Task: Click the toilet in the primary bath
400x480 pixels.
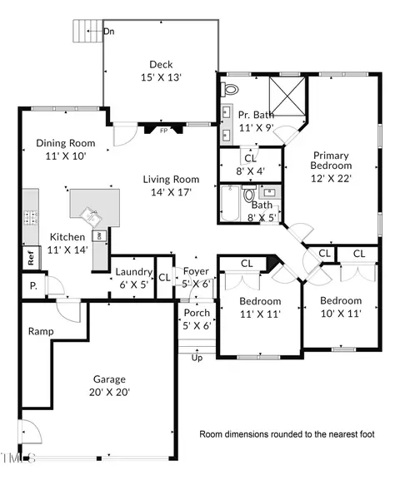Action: tap(230, 89)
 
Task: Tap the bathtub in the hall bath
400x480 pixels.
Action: tap(230, 203)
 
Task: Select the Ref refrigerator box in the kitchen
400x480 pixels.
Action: tap(32, 258)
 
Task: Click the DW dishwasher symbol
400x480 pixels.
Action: tap(99, 236)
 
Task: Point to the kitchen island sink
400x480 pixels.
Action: tap(91, 216)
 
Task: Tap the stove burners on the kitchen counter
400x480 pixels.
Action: tap(31, 218)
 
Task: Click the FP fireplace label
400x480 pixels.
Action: tap(164, 131)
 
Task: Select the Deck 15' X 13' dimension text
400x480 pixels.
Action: tap(162, 77)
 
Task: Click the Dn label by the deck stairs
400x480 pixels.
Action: tap(109, 32)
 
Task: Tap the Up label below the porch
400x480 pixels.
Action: tap(197, 358)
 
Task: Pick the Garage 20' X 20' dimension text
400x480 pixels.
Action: tap(109, 392)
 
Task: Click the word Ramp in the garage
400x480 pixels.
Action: tap(41, 332)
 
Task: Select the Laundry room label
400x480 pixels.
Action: tap(134, 272)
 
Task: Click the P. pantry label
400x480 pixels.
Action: tap(33, 286)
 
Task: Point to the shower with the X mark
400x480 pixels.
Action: tap(287, 96)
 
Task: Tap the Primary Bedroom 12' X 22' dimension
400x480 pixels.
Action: tap(331, 178)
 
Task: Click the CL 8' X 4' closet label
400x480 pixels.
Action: tap(251, 165)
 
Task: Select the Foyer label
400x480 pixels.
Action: tap(196, 271)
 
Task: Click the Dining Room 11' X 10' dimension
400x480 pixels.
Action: tap(66, 156)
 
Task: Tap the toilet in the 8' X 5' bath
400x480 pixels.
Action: tap(248, 194)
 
